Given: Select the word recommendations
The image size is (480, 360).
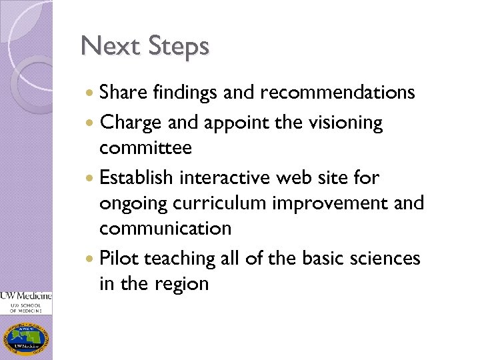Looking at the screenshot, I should tap(339, 92).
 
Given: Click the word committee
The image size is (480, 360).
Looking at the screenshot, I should tap(145, 147).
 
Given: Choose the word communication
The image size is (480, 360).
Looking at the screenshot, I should tap(165, 228).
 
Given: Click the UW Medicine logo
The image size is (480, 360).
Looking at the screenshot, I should tap(26, 301).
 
